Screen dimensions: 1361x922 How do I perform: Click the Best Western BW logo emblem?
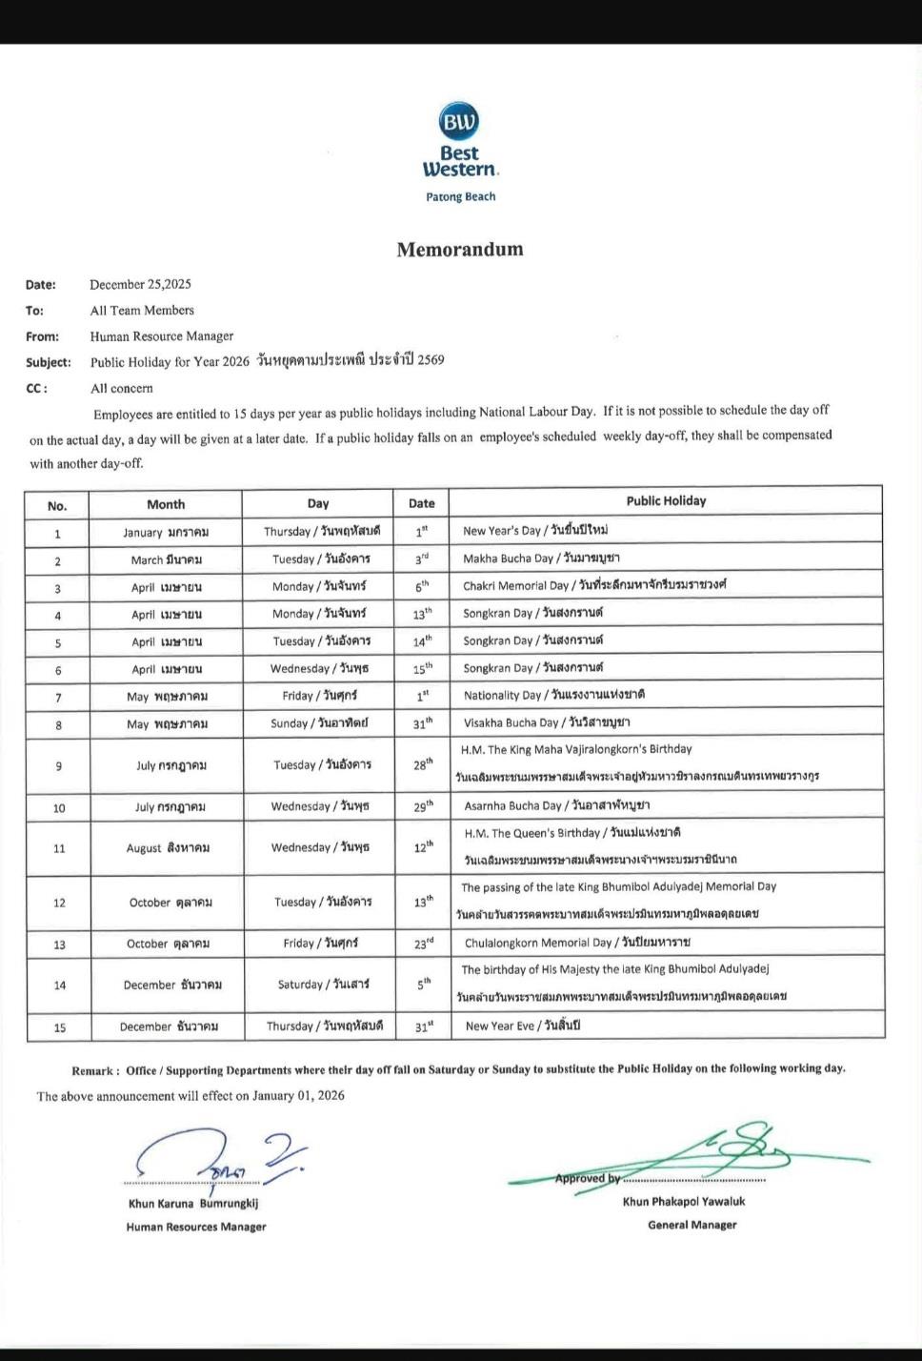pyautogui.click(x=459, y=121)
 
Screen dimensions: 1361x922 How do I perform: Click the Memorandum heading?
pyautogui.click(x=460, y=250)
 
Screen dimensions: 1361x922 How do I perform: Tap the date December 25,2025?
pyautogui.click(x=140, y=284)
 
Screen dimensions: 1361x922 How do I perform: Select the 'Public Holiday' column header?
pyautogui.click(x=666, y=501)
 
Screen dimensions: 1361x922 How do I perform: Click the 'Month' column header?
pyautogui.click(x=166, y=504)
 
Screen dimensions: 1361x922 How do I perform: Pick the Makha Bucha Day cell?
pyautogui.click(x=541, y=559)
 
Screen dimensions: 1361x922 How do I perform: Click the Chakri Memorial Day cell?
pyautogui.click(x=593, y=585)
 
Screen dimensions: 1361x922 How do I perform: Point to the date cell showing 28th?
pyautogui.click(x=422, y=765)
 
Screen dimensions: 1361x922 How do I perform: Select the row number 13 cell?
pyautogui.click(x=59, y=945)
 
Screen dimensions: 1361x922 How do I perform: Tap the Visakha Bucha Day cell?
pyautogui.click(x=546, y=722)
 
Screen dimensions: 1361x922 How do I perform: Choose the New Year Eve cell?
pyautogui.click(x=522, y=1026)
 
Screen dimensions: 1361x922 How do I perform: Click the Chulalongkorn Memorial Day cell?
pyautogui.click(x=577, y=943)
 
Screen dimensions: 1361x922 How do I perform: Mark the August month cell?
pyautogui.click(x=168, y=848)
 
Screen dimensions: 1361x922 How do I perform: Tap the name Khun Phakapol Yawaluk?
pyautogui.click(x=684, y=1202)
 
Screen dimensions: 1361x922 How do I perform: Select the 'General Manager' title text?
pyautogui.click(x=691, y=1226)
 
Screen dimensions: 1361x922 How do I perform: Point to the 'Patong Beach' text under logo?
pyautogui.click(x=460, y=197)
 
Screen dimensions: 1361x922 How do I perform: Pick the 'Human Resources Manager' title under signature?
pyautogui.click(x=196, y=1228)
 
